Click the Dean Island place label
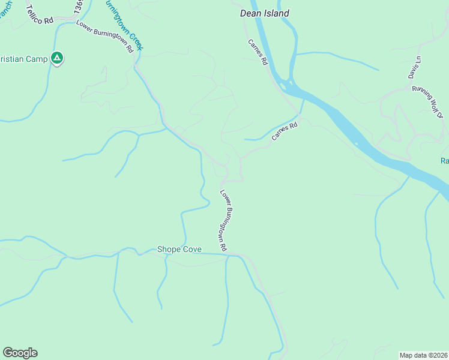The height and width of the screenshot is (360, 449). (x=264, y=13)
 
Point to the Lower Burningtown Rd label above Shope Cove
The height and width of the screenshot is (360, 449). (x=224, y=221)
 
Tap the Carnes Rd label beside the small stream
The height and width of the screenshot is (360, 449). (x=285, y=132)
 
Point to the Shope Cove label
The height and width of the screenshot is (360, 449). (x=179, y=249)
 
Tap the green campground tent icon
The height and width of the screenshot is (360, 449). (x=56, y=58)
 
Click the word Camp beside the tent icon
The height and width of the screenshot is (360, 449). (x=35, y=58)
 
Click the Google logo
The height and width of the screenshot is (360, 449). (x=20, y=353)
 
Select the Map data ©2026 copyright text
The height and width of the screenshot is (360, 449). (x=423, y=355)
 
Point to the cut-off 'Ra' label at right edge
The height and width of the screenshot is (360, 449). (x=444, y=161)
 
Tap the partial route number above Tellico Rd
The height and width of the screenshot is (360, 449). (x=78, y=7)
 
